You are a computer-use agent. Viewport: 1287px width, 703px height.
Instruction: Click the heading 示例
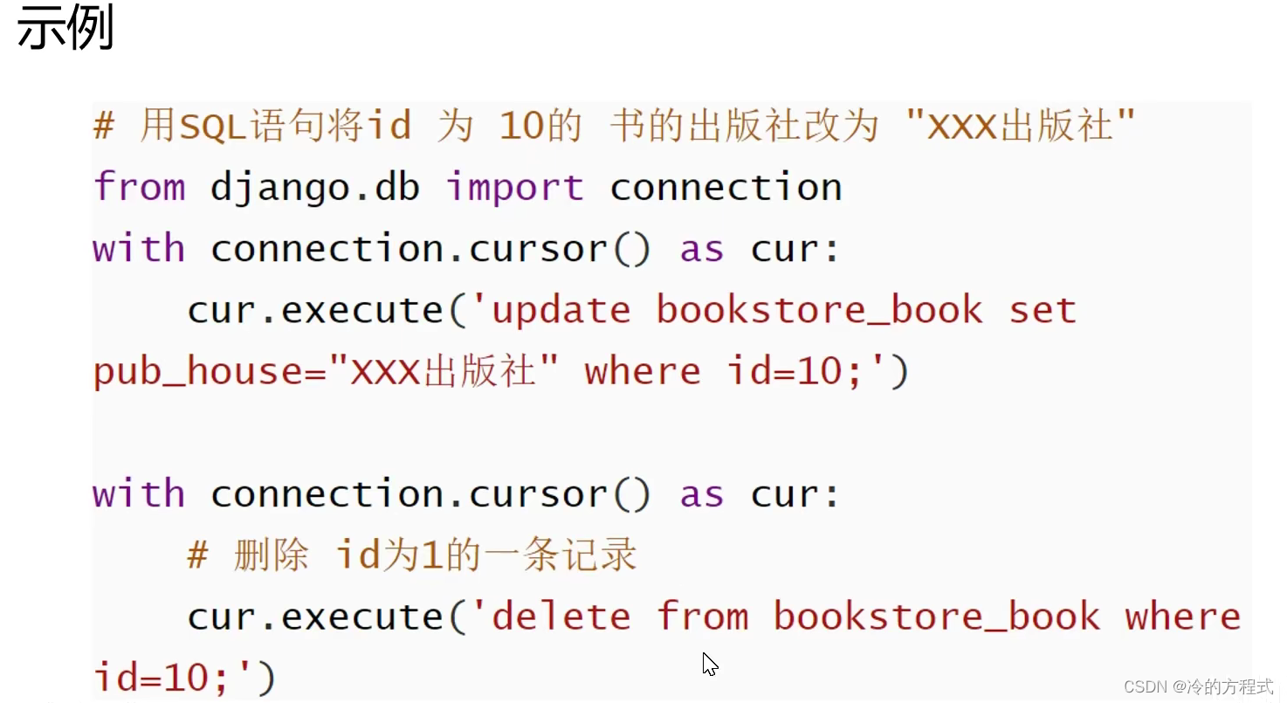[66, 30]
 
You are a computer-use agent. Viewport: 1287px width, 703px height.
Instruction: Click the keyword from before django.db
[139, 187]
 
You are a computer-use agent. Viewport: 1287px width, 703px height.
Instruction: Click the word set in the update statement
[1043, 311]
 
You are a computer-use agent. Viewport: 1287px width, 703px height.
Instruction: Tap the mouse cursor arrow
[709, 664]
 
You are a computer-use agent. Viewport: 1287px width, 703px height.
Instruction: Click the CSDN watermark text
[1198, 686]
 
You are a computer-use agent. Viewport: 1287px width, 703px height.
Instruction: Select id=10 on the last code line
[162, 679]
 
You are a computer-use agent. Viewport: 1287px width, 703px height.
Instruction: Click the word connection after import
[726, 188]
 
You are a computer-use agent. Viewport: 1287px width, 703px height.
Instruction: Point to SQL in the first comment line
[202, 128]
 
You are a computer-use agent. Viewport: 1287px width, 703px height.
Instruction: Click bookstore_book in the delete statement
[937, 617]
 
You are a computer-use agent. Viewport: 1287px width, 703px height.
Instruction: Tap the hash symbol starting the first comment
[104, 128]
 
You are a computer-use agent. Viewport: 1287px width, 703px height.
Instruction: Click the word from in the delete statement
[703, 617]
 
